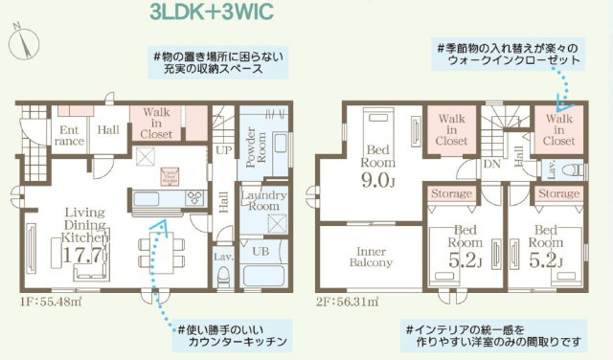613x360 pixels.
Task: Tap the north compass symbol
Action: coord(25,41)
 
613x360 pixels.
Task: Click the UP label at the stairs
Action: coord(223,151)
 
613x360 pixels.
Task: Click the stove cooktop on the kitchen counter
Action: coord(194,197)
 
